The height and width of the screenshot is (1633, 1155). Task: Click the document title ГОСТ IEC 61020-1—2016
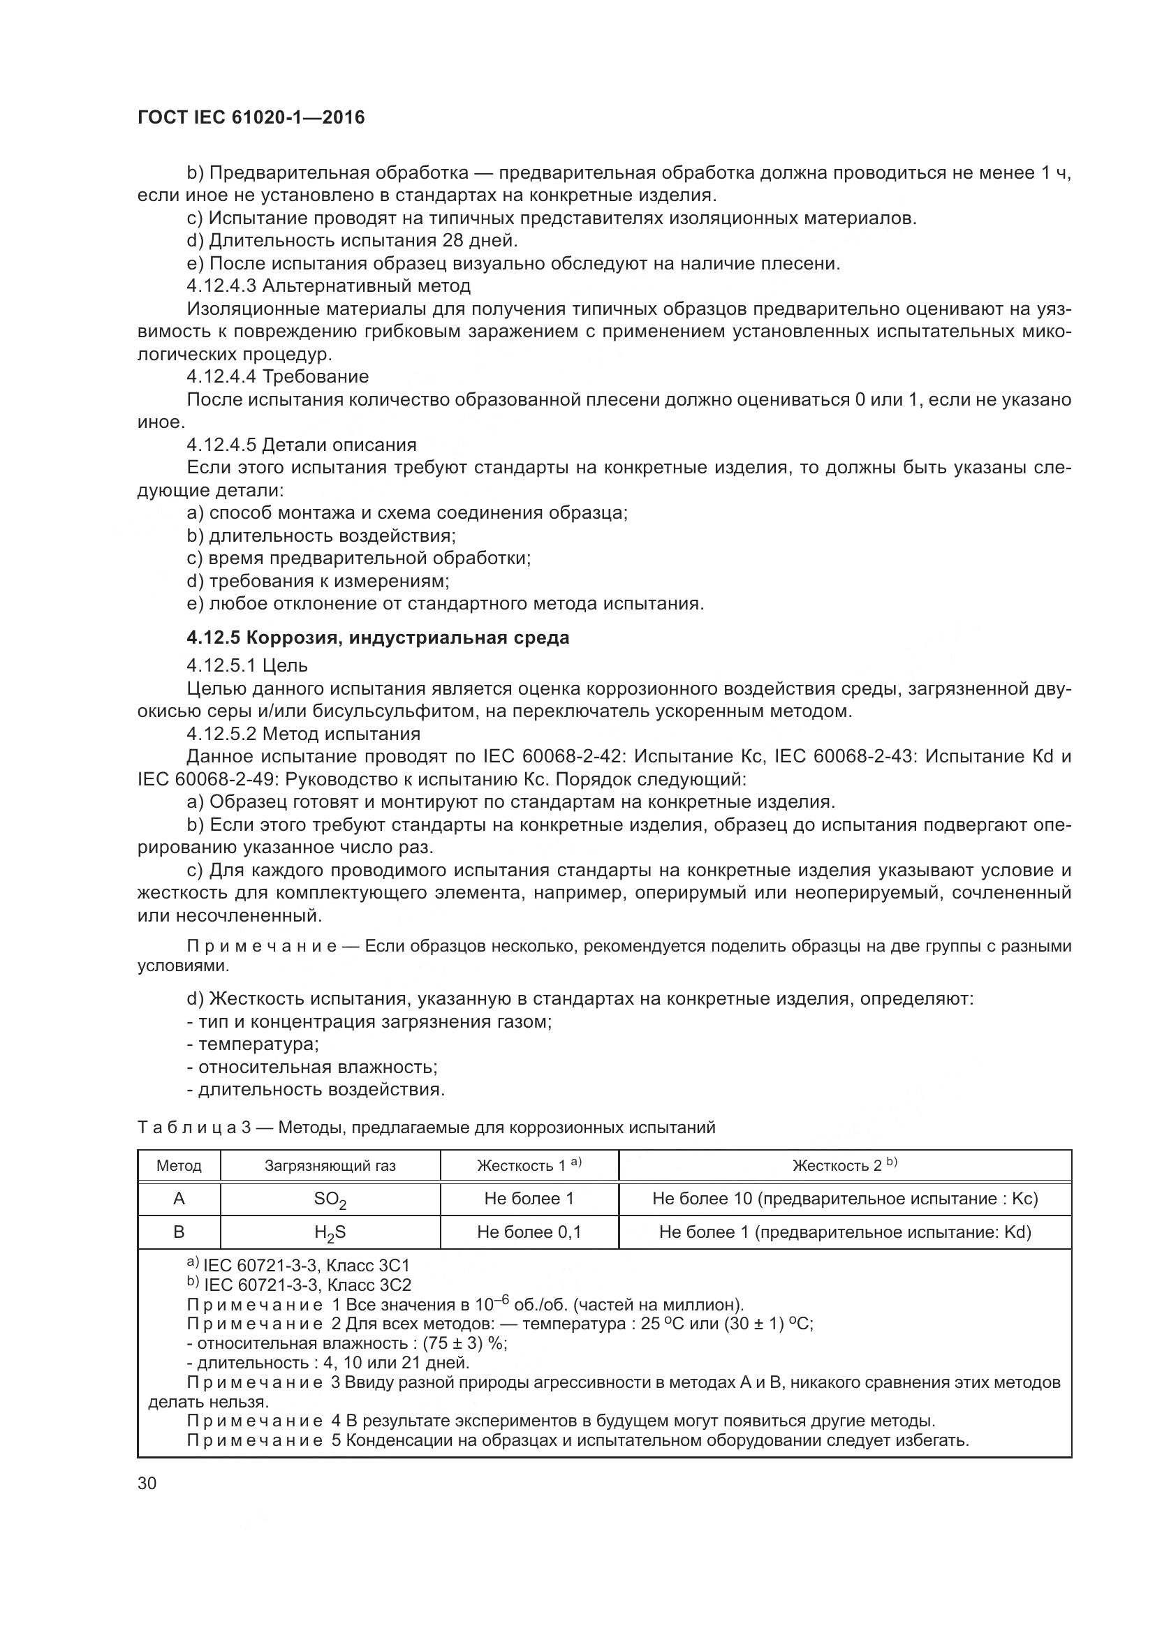click(x=251, y=117)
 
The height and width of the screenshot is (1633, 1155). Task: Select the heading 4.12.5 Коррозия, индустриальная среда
click(x=378, y=637)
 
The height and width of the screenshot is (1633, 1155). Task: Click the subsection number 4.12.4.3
click(x=221, y=286)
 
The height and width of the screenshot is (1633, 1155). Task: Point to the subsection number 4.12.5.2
click(x=221, y=734)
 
